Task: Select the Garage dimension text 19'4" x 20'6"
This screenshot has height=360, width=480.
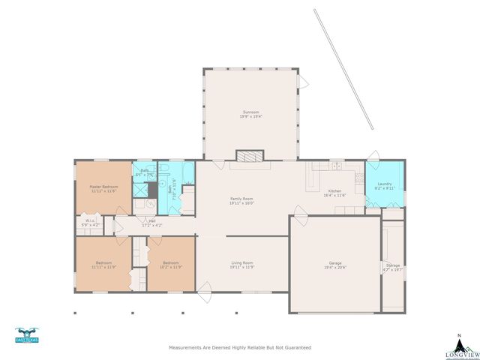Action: [334, 268]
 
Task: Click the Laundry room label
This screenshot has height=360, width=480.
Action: [385, 184]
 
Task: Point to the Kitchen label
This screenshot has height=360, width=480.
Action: [334, 191]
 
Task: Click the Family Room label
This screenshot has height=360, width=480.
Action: [241, 198]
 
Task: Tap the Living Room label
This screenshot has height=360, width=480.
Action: [241, 262]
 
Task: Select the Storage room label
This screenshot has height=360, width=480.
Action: [392, 265]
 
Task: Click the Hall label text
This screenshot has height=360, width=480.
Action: [151, 220]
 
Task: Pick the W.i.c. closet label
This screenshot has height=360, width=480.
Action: [88, 220]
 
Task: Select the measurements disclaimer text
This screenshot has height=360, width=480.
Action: [240, 348]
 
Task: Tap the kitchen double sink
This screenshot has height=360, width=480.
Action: [336, 166]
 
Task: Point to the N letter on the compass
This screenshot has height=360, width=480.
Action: [458, 334]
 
